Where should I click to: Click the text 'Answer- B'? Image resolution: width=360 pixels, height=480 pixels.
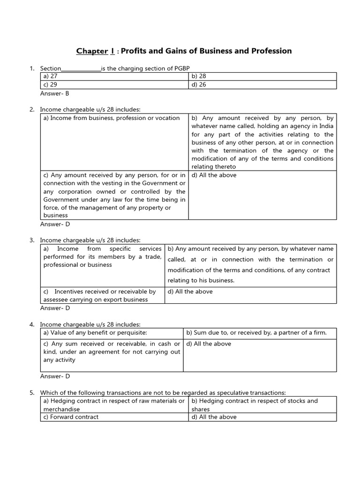(x=55, y=93)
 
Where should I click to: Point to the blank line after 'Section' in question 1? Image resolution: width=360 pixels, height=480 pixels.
(x=81, y=68)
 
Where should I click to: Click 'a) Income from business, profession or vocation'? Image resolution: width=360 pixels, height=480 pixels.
(x=112, y=118)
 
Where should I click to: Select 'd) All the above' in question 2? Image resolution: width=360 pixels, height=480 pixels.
(x=214, y=175)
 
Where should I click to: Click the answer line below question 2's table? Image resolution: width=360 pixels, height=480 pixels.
(x=55, y=224)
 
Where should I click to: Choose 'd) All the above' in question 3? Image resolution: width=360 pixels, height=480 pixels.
(x=190, y=292)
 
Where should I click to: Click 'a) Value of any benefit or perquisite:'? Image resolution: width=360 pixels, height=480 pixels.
(x=95, y=333)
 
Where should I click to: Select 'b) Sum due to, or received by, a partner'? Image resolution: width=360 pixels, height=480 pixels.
(x=256, y=333)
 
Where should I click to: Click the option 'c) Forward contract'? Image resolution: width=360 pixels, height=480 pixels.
(x=71, y=417)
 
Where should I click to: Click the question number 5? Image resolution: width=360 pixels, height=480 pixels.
(x=32, y=393)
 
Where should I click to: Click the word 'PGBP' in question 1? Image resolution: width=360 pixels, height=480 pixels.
(x=182, y=68)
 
